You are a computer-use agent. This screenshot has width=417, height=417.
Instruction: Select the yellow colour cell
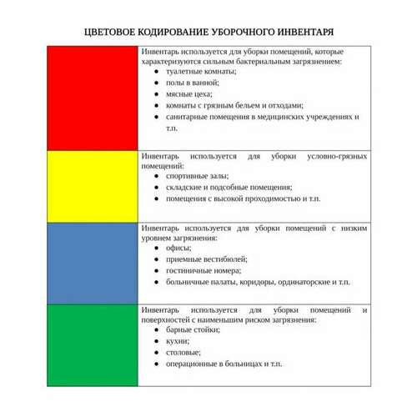pos(93,185)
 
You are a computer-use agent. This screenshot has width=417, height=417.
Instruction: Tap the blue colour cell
pos(93,262)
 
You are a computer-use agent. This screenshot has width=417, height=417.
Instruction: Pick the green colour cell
pos(93,344)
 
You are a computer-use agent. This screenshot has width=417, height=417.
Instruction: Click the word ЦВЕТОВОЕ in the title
pos(114,32)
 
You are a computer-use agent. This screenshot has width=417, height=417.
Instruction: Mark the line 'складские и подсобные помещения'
pos(228,188)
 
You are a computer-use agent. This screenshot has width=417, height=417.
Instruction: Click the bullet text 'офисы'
pos(178,248)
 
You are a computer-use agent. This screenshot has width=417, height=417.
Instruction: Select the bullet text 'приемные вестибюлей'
pos(204,259)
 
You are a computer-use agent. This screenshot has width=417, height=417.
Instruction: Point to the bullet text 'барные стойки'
pos(193,329)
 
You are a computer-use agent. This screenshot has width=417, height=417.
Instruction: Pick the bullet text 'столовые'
pos(183,352)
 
